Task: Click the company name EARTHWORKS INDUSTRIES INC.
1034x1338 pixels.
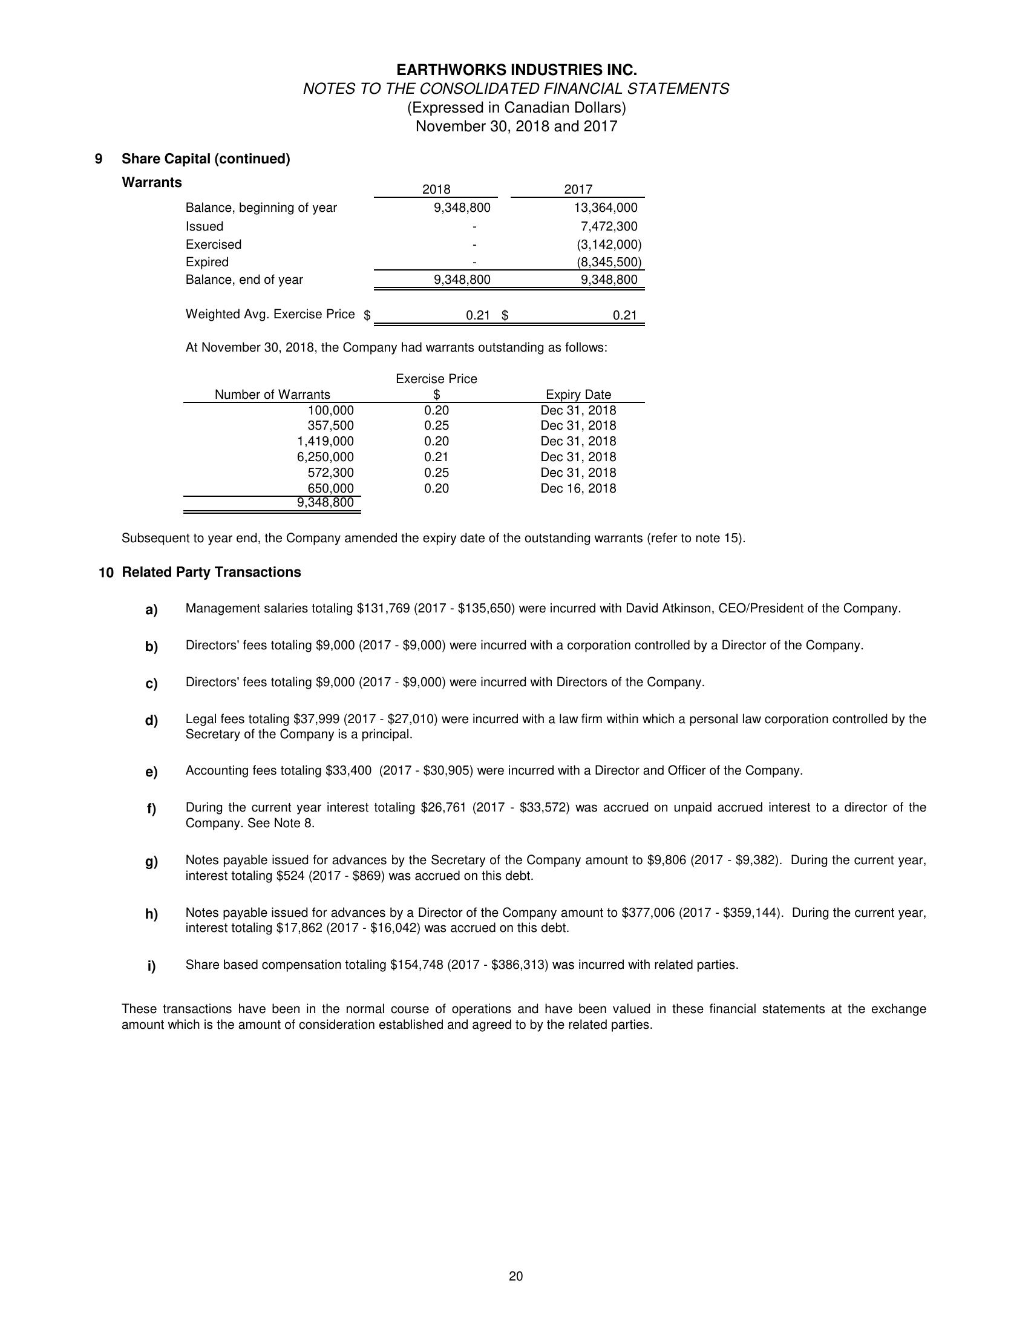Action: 516,70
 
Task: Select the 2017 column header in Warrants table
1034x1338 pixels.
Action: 578,190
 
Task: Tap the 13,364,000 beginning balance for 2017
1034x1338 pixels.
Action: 605,208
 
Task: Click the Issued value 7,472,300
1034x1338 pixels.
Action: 609,226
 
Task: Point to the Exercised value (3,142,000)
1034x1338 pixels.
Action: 609,244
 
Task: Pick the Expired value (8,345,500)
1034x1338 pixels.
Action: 609,262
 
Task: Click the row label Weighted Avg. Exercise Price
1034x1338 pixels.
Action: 270,314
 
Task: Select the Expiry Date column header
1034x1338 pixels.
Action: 578,395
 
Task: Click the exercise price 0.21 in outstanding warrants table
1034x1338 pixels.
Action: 436,457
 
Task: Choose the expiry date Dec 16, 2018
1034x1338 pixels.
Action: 578,488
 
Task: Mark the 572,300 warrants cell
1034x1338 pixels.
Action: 330,473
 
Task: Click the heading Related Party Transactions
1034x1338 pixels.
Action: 211,572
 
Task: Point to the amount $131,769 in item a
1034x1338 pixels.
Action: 383,608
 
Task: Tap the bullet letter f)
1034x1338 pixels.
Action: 151,808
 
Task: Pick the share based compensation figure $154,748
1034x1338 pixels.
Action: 416,965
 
